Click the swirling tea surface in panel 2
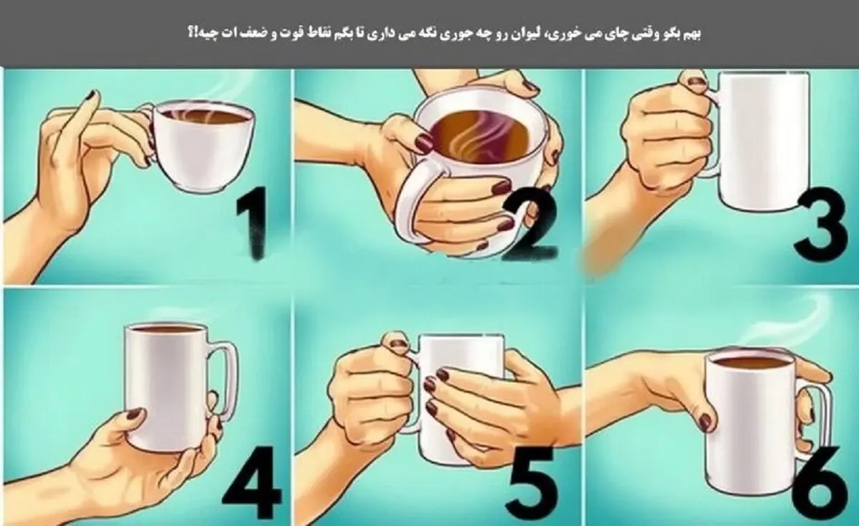pos(480,135)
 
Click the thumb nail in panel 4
pos(135,415)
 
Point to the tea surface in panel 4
pos(166,329)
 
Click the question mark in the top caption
pos(190,34)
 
